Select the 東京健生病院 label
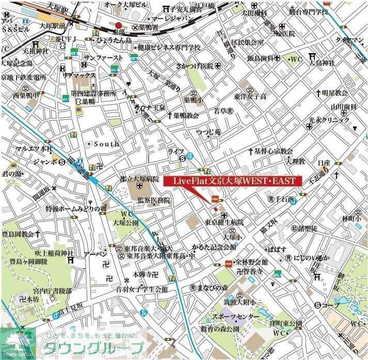tap(223, 222)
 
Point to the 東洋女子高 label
tap(250, 96)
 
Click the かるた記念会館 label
tap(214, 247)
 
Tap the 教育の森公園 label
tap(220, 329)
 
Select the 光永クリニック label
tap(333, 119)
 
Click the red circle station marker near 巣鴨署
tap(119, 25)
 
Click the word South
tap(107, 144)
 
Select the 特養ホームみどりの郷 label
tap(83, 208)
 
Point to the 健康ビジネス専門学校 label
tap(169, 47)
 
